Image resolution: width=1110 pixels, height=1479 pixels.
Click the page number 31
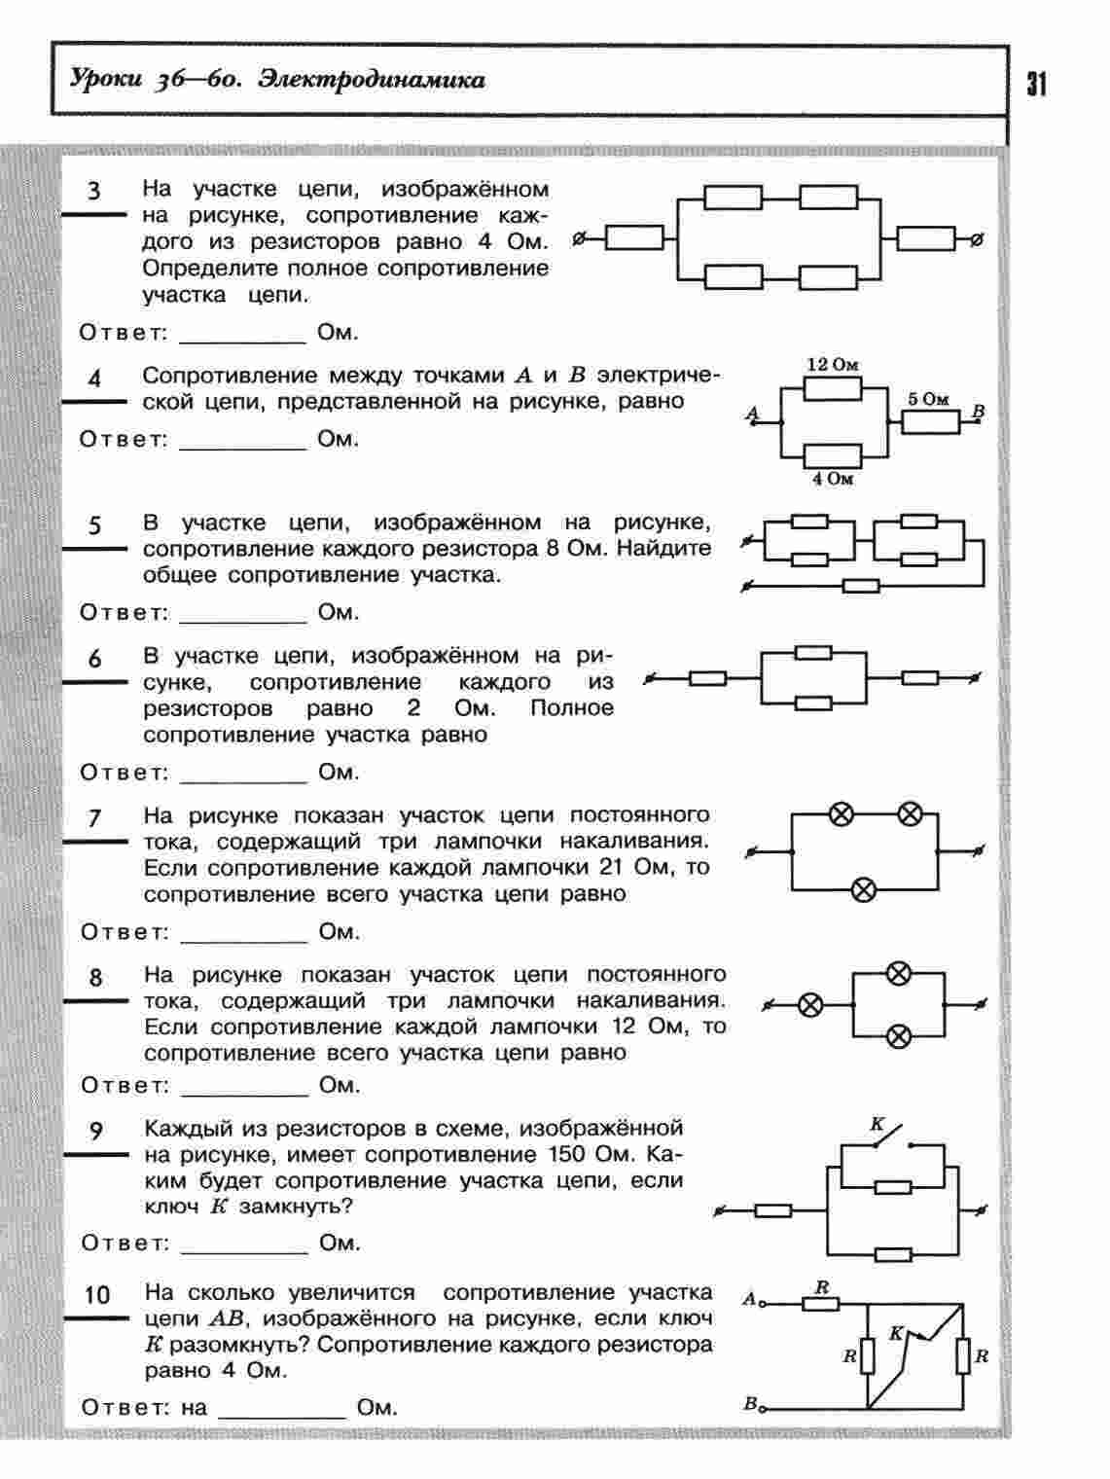(1036, 85)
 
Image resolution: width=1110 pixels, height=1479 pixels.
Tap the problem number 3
(93, 190)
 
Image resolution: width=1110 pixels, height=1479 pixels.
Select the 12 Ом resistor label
(833, 365)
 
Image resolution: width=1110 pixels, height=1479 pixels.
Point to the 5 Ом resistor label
(927, 399)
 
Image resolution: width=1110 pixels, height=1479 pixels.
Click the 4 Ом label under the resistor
(833, 479)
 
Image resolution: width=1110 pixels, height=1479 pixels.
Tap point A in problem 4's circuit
(752, 415)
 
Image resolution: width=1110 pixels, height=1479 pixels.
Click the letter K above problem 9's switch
(876, 1125)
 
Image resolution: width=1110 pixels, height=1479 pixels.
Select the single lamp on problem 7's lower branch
(864, 888)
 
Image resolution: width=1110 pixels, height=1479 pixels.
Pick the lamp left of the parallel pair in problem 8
(810, 1005)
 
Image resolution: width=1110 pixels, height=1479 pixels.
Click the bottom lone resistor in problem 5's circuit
(861, 586)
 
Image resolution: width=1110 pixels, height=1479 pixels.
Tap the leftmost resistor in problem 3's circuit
(634, 237)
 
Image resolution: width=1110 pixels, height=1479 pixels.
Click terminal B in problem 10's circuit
(751, 1403)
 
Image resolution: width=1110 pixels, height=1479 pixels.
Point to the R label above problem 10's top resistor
(822, 1287)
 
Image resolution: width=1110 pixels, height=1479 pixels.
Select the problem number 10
(97, 1295)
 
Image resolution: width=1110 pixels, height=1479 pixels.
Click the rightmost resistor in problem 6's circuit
(919, 678)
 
